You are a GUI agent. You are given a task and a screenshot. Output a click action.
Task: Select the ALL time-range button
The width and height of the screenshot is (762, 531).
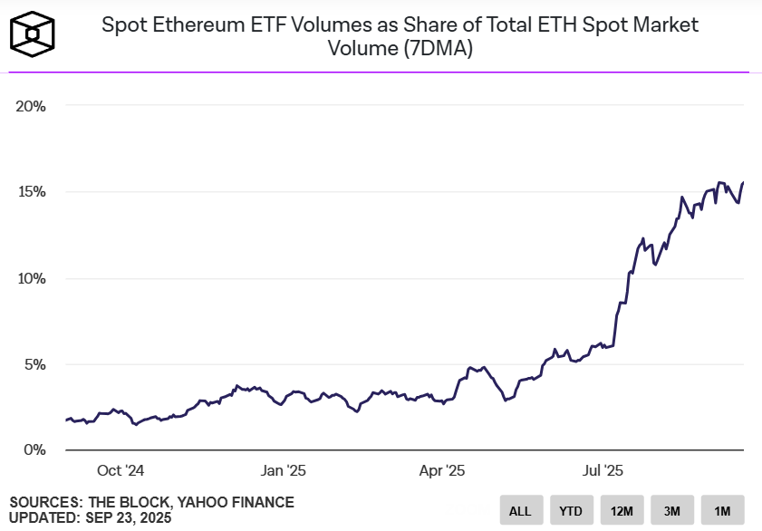pos(520,510)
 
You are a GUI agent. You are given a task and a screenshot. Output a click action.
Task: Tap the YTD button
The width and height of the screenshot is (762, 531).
pos(571,510)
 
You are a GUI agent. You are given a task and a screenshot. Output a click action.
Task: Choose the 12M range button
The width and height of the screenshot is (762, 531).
pos(622,510)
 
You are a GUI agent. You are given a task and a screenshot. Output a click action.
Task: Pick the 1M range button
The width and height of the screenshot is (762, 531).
pos(722,510)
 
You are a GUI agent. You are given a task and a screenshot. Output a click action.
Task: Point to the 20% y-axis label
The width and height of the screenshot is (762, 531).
pos(31,106)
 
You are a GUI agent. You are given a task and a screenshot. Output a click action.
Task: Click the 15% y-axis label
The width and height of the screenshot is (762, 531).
pos(31,192)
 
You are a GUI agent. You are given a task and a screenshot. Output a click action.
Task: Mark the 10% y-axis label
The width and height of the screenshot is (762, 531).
pos(31,278)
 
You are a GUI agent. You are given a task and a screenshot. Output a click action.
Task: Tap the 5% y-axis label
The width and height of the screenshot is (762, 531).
pos(34,364)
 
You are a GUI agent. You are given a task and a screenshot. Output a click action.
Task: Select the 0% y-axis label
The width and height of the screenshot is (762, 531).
pos(34,450)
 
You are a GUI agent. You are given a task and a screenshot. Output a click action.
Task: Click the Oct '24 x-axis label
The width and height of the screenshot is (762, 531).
pos(121,470)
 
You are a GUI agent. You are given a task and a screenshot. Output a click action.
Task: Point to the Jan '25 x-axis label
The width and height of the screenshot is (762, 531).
pos(284,470)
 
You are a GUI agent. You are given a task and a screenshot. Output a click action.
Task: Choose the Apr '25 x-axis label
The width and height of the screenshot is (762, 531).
pos(441,470)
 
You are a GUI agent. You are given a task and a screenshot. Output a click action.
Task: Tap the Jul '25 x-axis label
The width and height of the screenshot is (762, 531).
pos(601,470)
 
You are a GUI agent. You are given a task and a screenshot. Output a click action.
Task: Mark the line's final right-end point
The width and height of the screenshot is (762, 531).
pos(743,183)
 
